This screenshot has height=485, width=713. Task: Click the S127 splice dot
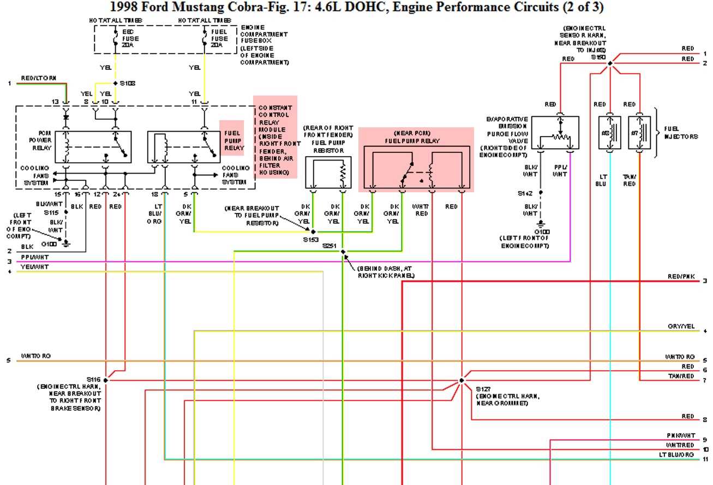tap(462, 380)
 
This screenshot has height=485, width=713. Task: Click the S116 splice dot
tap(105, 380)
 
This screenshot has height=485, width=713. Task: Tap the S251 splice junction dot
tap(343, 252)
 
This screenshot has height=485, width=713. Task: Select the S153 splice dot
tap(313, 232)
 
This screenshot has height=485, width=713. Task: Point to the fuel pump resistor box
tap(328, 173)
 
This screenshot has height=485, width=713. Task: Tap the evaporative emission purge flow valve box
tap(555, 133)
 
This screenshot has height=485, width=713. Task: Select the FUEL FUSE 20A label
tap(219, 39)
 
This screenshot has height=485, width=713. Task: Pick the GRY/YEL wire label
tap(681, 327)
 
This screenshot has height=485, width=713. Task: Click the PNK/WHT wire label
tap(681, 435)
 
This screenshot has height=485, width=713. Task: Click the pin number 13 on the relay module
tap(55, 102)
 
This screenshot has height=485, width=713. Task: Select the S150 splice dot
tap(610, 63)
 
